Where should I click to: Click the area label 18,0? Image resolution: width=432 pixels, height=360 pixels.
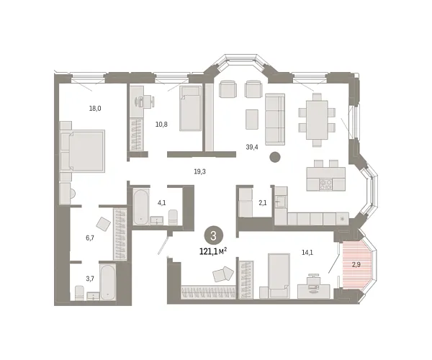coord(94,109)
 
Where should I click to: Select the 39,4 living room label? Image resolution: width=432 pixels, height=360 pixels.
coord(251,146)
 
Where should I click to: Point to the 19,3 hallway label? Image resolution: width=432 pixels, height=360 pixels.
coord(200,171)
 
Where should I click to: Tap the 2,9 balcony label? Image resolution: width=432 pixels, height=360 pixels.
coord(356,265)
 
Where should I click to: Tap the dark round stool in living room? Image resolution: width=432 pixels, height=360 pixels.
coord(274,157)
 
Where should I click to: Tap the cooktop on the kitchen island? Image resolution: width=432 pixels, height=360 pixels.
coord(324,183)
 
